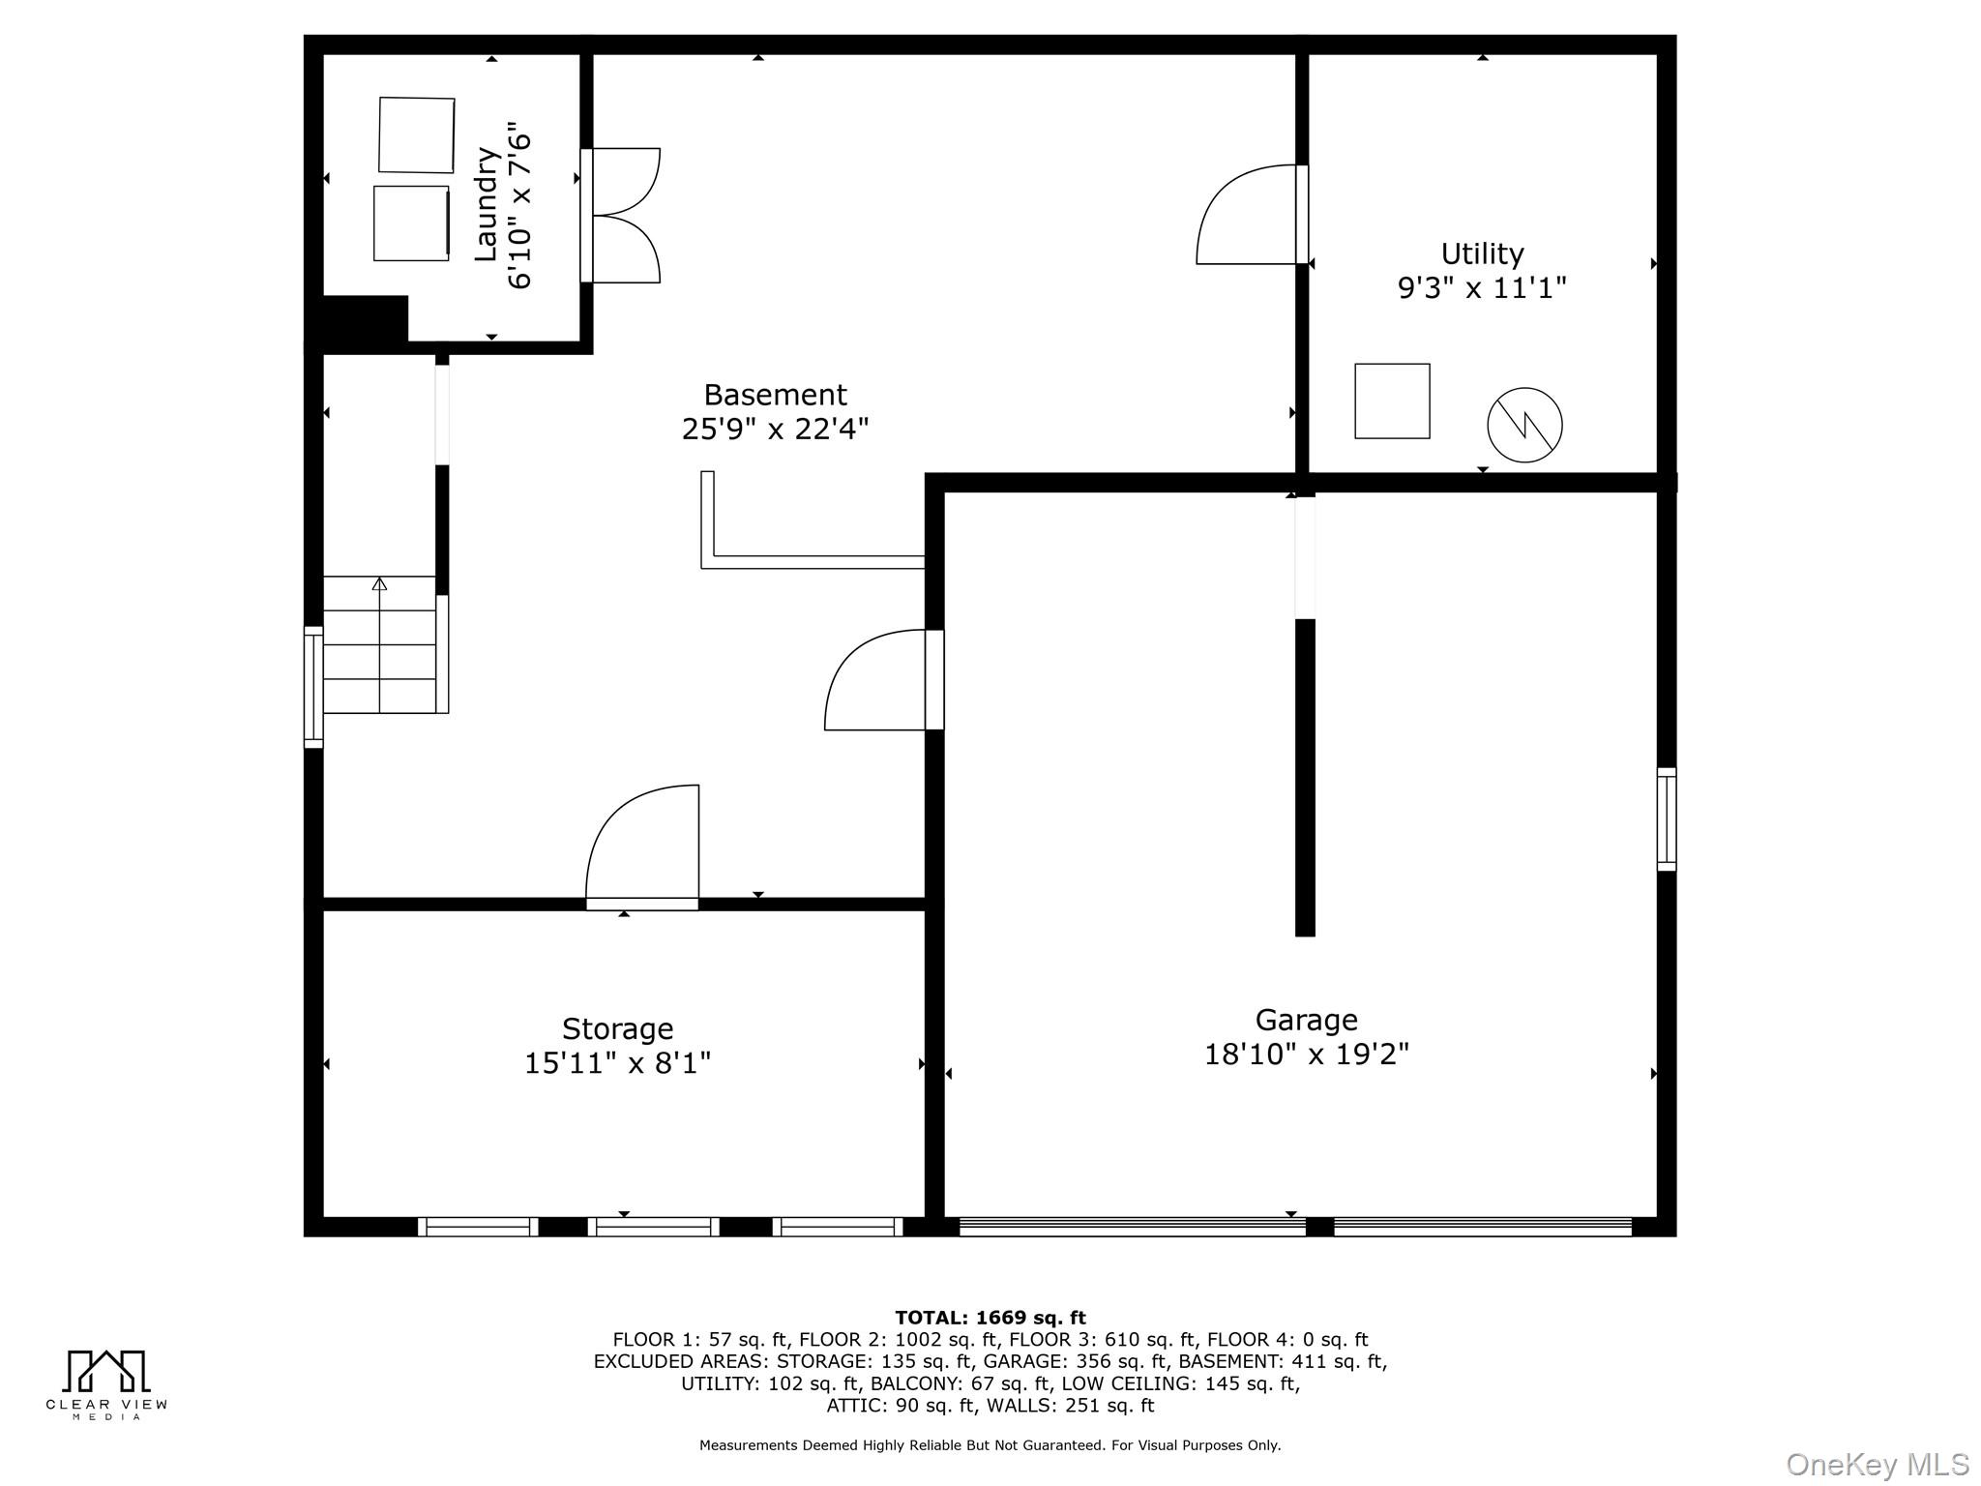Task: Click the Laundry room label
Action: [486, 204]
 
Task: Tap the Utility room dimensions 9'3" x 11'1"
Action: [1481, 287]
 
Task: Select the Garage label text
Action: [1306, 1020]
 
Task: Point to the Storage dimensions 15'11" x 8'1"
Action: [617, 1063]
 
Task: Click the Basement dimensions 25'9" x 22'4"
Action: [775, 428]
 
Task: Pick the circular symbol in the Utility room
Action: [1524, 425]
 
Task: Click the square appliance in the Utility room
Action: [1392, 401]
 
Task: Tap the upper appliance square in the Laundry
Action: [416, 134]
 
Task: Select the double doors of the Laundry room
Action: [624, 216]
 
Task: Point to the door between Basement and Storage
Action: [641, 847]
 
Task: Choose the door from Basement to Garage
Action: [880, 680]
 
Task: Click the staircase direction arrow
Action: [379, 584]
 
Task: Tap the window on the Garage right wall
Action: [1666, 819]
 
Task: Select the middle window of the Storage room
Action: [654, 1227]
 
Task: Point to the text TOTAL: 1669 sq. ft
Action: [990, 1318]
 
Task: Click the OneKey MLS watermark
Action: [1877, 1464]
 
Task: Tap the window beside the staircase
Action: [313, 687]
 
